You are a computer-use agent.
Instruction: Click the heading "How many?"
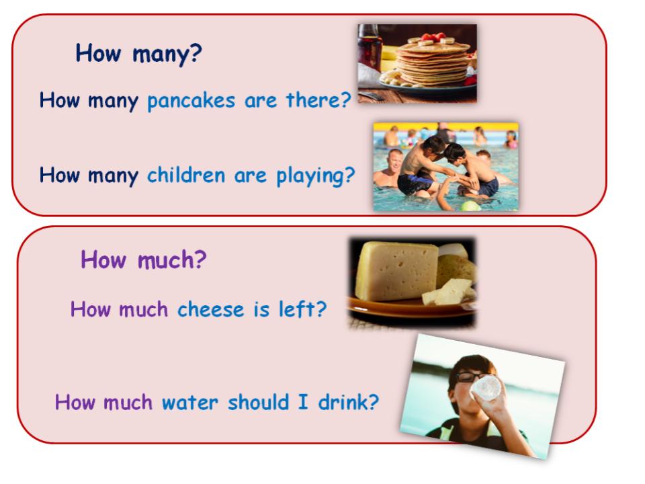click(x=138, y=53)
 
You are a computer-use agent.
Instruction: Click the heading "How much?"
click(x=143, y=259)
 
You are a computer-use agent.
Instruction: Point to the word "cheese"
click(x=210, y=310)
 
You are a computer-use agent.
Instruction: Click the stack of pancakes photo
click(x=417, y=63)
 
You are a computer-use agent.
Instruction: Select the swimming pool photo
click(x=445, y=166)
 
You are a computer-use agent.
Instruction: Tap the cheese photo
click(x=411, y=282)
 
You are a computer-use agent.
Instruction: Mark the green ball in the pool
click(x=471, y=206)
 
